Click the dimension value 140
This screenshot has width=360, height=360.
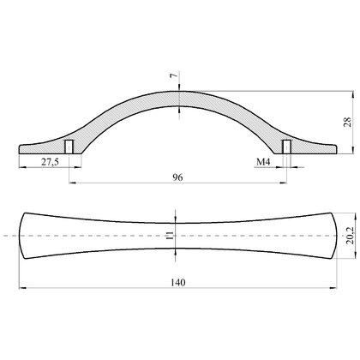[x=178, y=282]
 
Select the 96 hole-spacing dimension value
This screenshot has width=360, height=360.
[x=177, y=177]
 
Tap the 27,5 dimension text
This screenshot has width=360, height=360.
[x=50, y=162]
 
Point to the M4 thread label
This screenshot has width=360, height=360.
[x=263, y=162]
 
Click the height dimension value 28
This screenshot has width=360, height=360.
[x=348, y=123]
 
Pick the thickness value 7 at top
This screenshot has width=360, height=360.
[x=173, y=75]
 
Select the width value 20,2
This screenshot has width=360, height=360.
[x=350, y=236]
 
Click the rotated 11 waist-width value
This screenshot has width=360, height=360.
[x=170, y=236]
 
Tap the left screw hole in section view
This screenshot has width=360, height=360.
[x=69, y=147]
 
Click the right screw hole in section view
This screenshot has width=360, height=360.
[x=286, y=147]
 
